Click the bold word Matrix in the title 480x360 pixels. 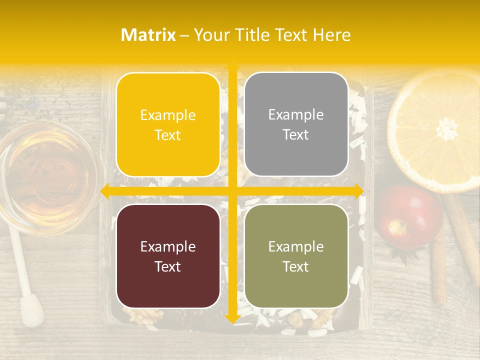pos(148,35)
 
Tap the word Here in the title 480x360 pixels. pos(331,35)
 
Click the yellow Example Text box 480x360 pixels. pos(168,125)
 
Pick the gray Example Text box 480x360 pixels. pos(296,124)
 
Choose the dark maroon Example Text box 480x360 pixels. pos(168,256)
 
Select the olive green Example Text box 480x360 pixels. pos(296,256)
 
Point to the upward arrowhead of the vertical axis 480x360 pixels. pos(232,65)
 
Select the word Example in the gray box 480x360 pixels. pos(296,115)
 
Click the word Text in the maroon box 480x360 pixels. pos(168,266)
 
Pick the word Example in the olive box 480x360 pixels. pos(296,246)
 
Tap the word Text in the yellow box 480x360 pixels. pos(168,135)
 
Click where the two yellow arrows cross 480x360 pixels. pos(232,191)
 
